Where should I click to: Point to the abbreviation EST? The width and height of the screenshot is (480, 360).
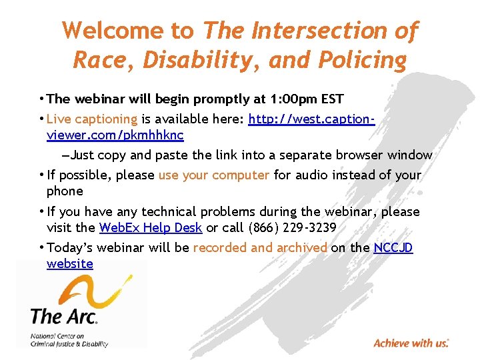[x=332, y=99]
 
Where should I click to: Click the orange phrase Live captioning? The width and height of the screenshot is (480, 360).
[x=92, y=119]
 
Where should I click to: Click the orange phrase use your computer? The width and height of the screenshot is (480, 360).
[x=213, y=175]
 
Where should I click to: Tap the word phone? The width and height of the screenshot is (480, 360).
[x=65, y=191]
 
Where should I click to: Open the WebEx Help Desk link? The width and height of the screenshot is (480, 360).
[x=150, y=228]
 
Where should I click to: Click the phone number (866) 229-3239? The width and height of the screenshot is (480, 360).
[x=291, y=228]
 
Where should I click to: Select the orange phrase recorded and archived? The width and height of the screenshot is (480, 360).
[x=260, y=248]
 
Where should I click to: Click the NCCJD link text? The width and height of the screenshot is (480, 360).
[x=393, y=248]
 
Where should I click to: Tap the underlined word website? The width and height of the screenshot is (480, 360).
[x=70, y=264]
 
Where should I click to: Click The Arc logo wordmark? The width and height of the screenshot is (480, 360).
[x=64, y=315]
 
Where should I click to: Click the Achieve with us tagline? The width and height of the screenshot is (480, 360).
[x=411, y=343]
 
